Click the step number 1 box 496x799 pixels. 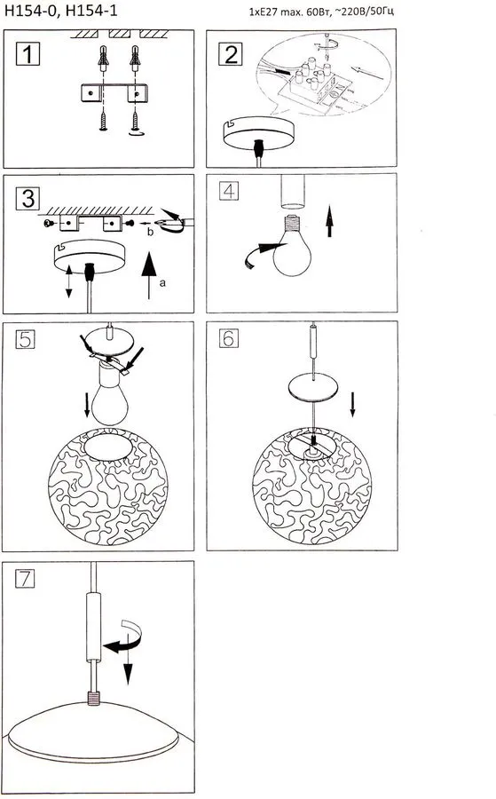tap(28, 54)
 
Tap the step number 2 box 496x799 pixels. tap(230, 54)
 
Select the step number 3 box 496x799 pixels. tap(28, 198)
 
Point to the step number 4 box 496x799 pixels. tap(229, 191)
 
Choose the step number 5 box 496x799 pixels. tap(26, 339)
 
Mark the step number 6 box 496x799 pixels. tap(229, 338)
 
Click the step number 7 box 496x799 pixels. tap(25, 579)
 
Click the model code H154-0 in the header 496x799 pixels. tap(29, 11)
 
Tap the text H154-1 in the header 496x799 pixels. tap(91, 11)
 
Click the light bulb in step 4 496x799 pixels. tap(292, 246)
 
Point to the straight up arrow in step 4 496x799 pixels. tap(329, 221)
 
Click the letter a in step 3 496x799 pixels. tap(162, 283)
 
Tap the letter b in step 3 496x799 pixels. tap(150, 233)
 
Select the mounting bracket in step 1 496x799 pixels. tap(114, 93)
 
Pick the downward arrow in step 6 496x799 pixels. tap(352, 404)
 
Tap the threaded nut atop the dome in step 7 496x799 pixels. tap(93, 698)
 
